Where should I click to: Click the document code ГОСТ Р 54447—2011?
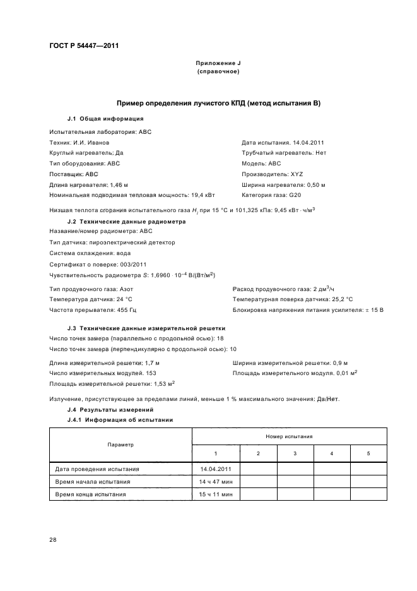coord(84,46)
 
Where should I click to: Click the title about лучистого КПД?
coord(218,103)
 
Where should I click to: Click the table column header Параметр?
coord(120,445)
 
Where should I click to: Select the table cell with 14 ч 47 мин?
coord(216,481)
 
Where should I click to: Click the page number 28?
coord(53,539)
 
